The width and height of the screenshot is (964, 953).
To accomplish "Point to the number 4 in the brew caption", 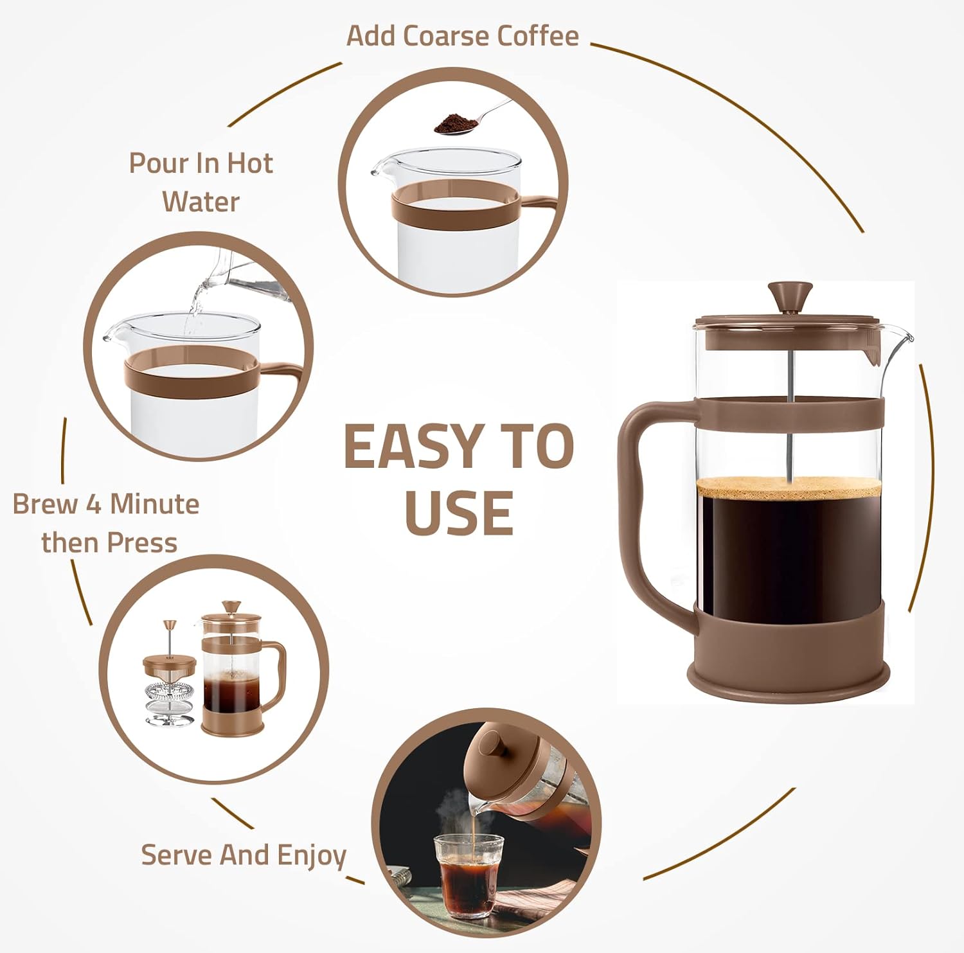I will pos(94,504).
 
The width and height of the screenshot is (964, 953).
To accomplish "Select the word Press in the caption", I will pos(143,543).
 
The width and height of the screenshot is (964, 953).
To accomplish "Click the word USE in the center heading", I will pos(459,513).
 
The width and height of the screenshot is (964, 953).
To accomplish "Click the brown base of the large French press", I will pos(789,675).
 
